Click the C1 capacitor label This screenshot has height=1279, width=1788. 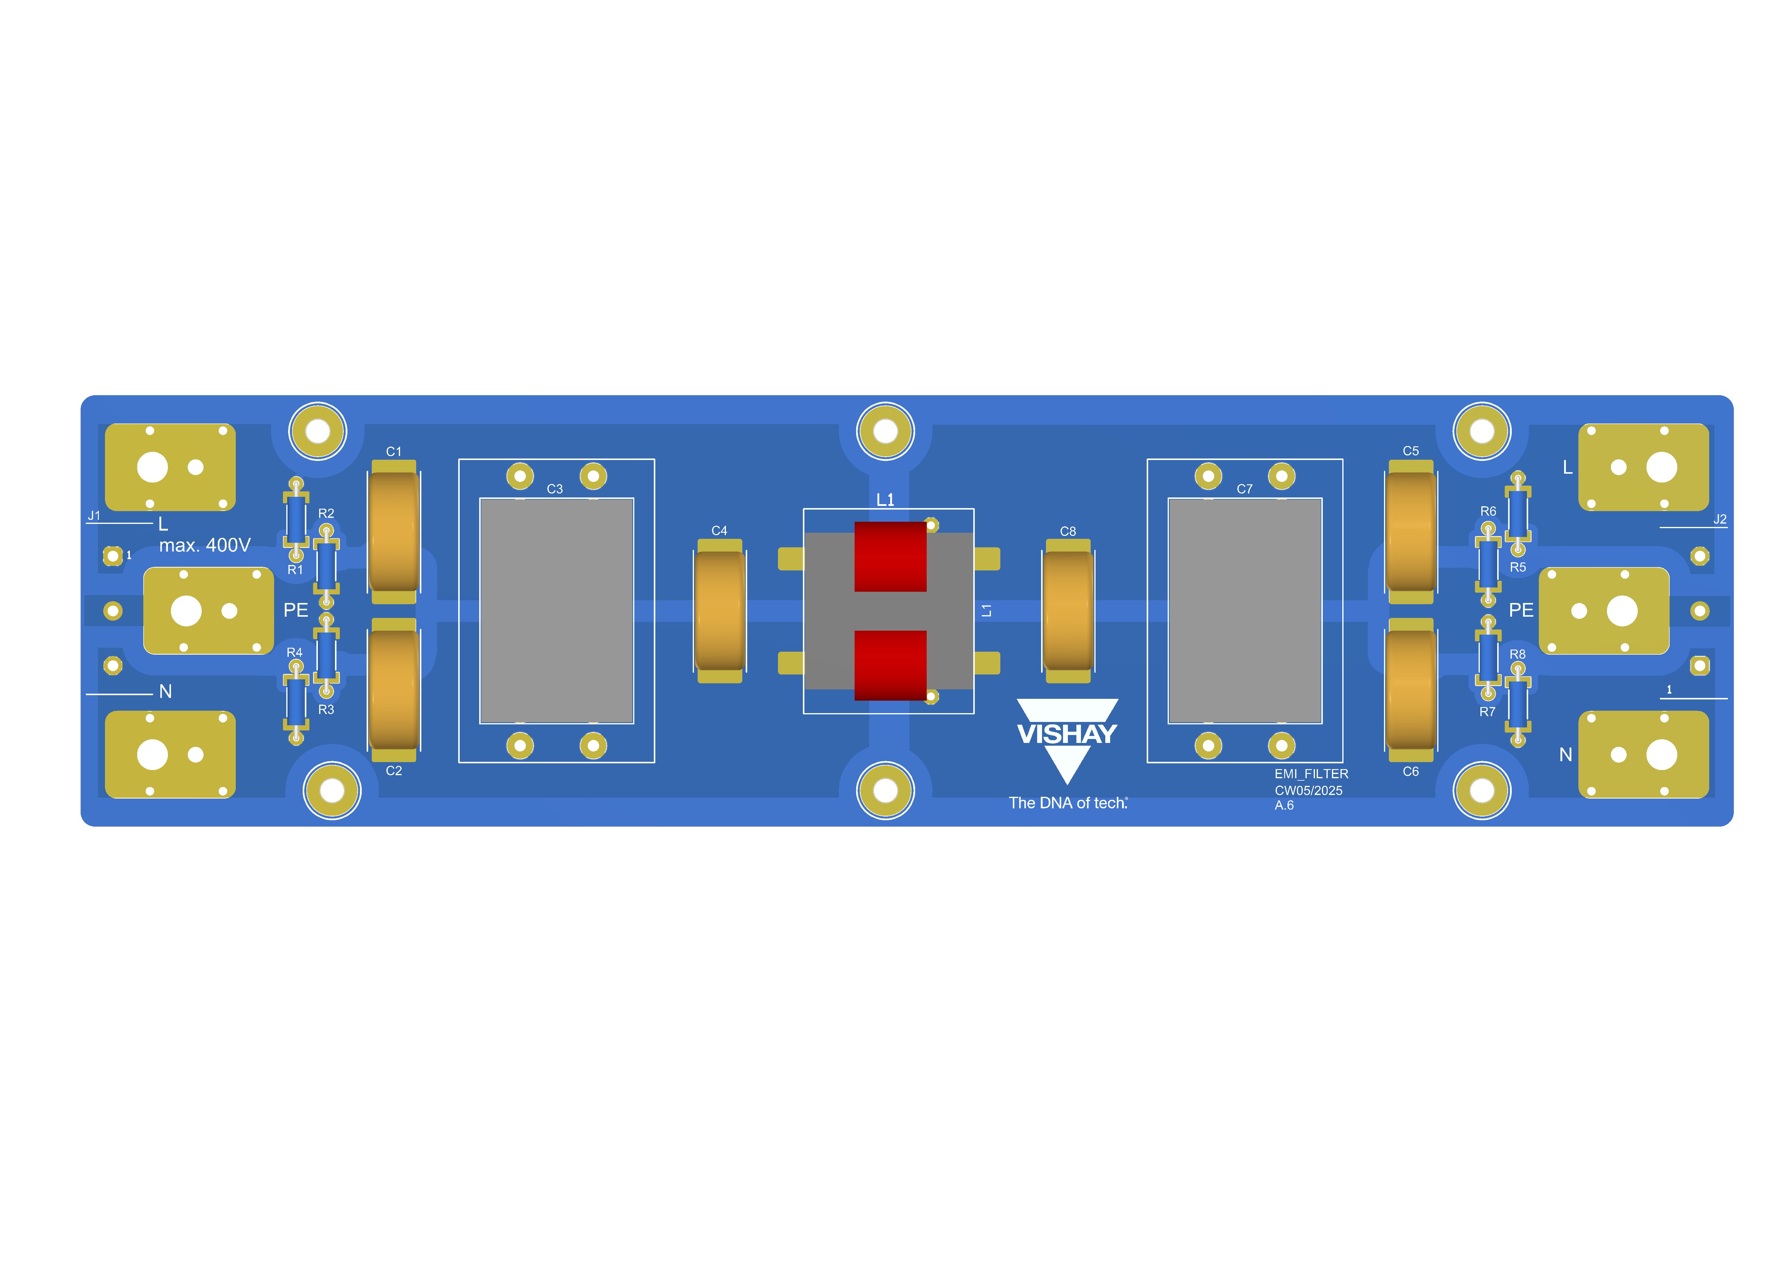pos(393,451)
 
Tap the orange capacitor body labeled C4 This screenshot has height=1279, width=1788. pos(719,610)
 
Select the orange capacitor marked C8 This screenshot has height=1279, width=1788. pos(1067,610)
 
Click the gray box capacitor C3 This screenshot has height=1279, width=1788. pos(556,610)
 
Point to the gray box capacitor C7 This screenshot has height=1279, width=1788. pos(1245,610)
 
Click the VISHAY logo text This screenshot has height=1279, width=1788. pos(1066,734)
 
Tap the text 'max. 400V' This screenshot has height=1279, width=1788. pos(205,545)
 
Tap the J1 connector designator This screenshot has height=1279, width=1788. pos(94,516)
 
